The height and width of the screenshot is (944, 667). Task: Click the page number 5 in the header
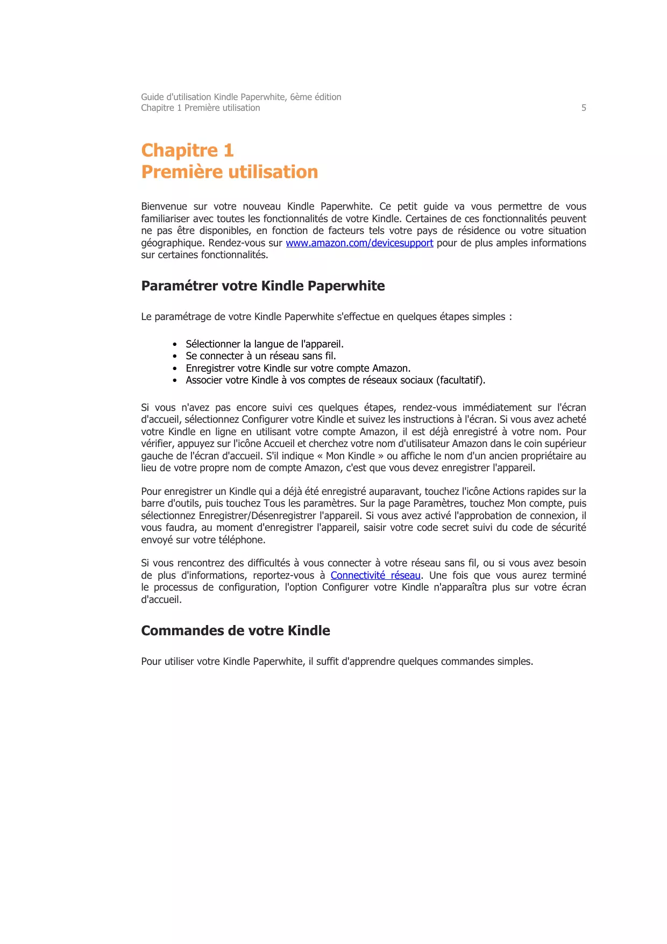click(584, 108)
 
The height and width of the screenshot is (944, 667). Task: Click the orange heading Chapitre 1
click(187, 150)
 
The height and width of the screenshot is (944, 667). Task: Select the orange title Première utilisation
click(229, 172)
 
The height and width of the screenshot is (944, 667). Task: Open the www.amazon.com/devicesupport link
click(359, 243)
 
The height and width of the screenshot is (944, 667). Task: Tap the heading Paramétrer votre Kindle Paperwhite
click(262, 286)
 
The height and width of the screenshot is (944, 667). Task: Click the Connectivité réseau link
click(375, 576)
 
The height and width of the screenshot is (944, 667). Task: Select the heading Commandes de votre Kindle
click(236, 630)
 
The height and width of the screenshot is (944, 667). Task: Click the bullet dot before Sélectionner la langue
click(175, 344)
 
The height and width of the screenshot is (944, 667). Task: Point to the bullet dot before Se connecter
click(175, 356)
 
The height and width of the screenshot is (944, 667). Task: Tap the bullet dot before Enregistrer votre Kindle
click(175, 368)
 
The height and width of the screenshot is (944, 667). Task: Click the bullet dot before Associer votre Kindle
click(175, 380)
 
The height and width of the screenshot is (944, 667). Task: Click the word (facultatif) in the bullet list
click(460, 380)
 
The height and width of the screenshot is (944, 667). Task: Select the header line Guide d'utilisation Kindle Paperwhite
click(241, 97)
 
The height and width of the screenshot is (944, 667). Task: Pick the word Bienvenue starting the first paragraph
click(164, 207)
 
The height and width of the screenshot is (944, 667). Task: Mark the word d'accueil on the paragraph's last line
click(161, 600)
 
